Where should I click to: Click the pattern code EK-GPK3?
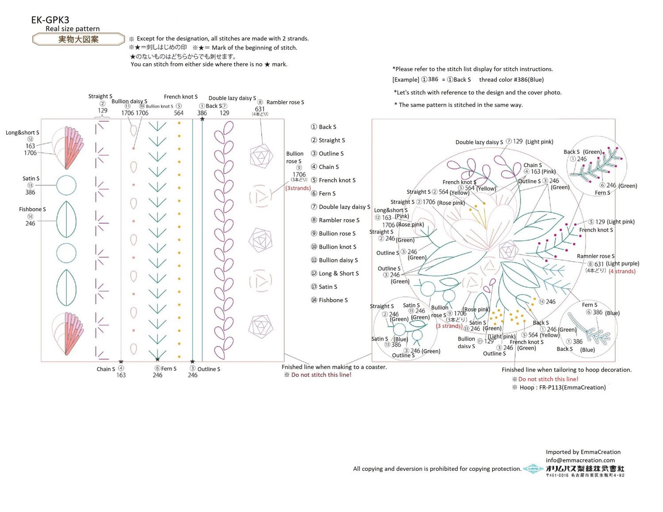point(50,20)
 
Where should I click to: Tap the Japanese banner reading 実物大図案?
point(78,39)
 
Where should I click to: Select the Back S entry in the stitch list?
point(327,127)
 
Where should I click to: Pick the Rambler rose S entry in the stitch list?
point(339,220)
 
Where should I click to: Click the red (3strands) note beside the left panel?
point(298,188)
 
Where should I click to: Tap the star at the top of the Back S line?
point(202,119)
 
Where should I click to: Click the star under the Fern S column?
point(157,360)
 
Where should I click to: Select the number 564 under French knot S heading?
point(179,113)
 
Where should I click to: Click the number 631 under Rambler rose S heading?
point(260,109)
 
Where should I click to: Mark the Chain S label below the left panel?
point(106,369)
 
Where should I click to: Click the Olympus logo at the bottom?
point(533,469)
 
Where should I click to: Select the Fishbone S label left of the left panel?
point(32,209)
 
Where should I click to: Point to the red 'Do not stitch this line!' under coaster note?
point(321,375)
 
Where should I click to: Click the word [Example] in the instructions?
point(406,80)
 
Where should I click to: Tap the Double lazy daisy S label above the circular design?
point(479,142)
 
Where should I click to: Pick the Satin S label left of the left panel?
point(31,178)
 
